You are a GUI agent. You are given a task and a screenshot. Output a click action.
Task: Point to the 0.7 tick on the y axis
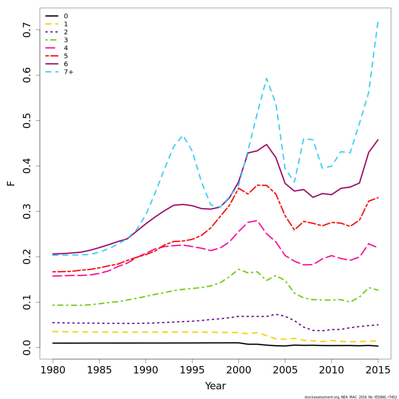(27, 30)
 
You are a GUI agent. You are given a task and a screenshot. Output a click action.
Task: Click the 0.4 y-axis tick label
(27, 166)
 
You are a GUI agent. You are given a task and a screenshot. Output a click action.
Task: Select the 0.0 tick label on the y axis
(27, 347)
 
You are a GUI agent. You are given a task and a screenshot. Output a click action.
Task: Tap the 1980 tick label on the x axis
(53, 370)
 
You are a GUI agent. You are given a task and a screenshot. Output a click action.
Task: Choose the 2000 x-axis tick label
(238, 370)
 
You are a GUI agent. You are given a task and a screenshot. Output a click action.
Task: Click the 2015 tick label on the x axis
(378, 370)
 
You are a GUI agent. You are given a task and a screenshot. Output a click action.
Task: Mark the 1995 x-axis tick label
(192, 370)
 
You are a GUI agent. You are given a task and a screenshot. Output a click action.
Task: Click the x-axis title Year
(215, 386)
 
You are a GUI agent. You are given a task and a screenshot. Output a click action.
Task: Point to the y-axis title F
(11, 183)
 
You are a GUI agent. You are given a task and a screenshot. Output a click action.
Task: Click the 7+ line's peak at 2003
(266, 78)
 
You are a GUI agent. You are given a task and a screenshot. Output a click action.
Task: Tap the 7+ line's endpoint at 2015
(378, 22)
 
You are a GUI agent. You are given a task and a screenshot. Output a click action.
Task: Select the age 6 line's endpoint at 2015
(378, 140)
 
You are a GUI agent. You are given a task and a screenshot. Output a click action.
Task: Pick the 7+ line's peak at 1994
(183, 136)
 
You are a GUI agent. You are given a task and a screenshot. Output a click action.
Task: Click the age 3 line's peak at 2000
(238, 269)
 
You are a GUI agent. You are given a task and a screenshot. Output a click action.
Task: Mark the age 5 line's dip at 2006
(294, 230)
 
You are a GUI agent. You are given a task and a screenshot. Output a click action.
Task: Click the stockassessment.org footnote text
(350, 397)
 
